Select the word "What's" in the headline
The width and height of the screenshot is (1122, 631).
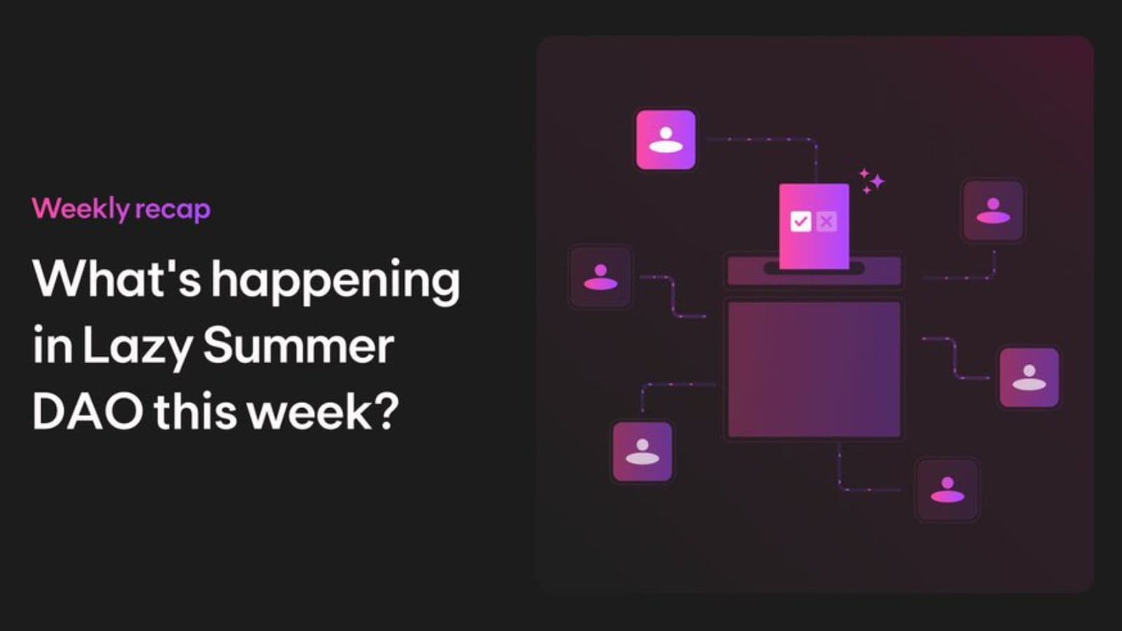click(x=117, y=278)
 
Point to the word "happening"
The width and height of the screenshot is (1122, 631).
click(x=335, y=282)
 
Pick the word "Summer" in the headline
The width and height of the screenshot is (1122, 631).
click(x=299, y=345)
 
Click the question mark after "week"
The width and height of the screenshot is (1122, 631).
click(x=386, y=411)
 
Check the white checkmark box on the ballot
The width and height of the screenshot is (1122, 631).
click(x=800, y=221)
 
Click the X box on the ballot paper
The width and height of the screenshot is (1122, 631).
click(x=827, y=221)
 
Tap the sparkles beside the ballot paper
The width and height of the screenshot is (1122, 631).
click(x=872, y=182)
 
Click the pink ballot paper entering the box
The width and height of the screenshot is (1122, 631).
click(x=814, y=226)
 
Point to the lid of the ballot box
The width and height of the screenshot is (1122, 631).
click(x=814, y=271)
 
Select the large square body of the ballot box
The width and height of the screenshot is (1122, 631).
click(x=814, y=369)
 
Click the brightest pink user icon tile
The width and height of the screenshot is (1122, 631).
click(x=665, y=140)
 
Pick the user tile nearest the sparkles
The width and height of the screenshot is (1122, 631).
click(x=993, y=211)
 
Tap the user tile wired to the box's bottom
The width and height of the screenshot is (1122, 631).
click(x=947, y=490)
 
